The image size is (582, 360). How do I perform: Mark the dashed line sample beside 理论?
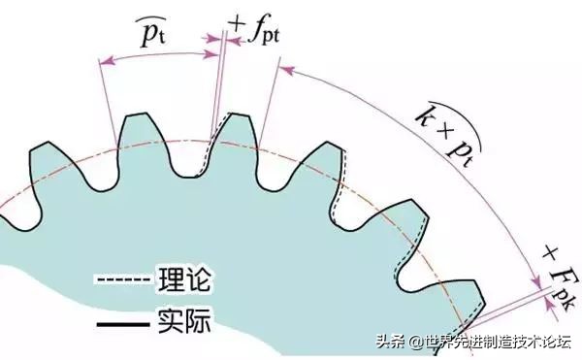coord(123,282)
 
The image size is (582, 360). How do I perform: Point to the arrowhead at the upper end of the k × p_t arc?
coord(284,70)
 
